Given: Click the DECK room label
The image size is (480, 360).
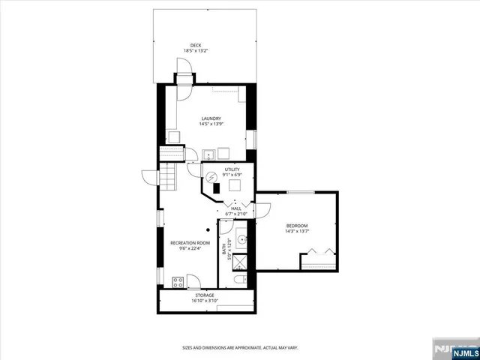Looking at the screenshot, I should pyautogui.click(x=195, y=44).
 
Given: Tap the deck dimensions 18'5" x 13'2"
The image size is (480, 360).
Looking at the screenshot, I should pyautogui.click(x=195, y=51).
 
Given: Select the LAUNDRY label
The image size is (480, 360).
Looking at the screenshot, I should pyautogui.click(x=211, y=118).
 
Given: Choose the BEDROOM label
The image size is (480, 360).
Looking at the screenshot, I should pyautogui.click(x=297, y=226).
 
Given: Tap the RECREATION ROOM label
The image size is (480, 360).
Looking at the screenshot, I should pyautogui.click(x=190, y=243).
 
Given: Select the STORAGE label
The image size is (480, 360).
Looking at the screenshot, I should pyautogui.click(x=205, y=295).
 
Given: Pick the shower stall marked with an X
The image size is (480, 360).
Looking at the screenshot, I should pyautogui.click(x=240, y=262).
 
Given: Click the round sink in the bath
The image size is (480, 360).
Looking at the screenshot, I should pyautogui.click(x=241, y=241).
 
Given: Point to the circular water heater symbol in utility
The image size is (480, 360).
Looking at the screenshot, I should pyautogui.click(x=212, y=178).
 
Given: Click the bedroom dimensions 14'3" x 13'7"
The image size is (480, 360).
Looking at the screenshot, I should pyautogui.click(x=297, y=232).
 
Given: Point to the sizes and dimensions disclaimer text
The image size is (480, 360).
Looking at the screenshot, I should pyautogui.click(x=240, y=347).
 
